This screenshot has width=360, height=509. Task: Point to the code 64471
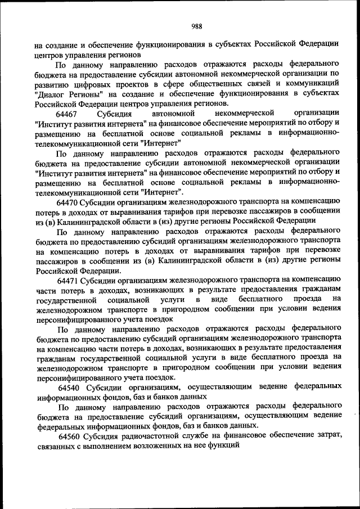[69, 278]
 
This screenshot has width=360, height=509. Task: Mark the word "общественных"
[205, 84]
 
